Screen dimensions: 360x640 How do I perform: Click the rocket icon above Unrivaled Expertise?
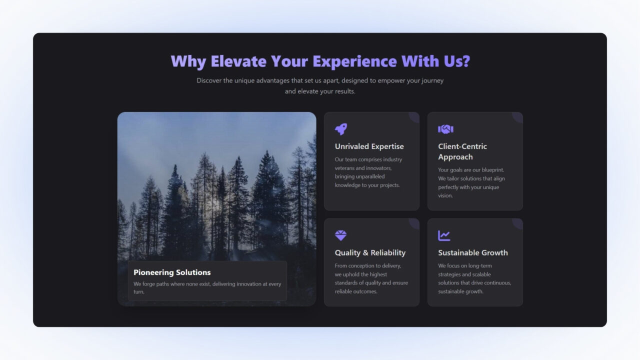341,129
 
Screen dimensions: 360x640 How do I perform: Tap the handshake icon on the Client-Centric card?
445,129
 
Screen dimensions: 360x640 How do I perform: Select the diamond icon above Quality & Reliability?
341,235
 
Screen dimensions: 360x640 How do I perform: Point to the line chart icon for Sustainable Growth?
444,235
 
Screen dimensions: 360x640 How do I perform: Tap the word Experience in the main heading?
354,61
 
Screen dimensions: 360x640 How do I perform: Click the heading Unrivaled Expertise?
369,146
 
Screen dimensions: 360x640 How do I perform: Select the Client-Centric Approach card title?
462,151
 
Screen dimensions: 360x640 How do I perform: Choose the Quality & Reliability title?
370,253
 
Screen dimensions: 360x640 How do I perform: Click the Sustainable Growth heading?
472,253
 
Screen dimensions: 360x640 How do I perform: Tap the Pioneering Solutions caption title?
172,272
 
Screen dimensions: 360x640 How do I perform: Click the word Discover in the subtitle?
209,80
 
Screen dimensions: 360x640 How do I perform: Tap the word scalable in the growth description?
478,274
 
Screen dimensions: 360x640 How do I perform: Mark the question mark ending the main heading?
465,61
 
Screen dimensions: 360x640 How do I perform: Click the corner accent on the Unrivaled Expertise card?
414,116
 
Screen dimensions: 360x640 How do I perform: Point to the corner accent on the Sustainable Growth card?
518,223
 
